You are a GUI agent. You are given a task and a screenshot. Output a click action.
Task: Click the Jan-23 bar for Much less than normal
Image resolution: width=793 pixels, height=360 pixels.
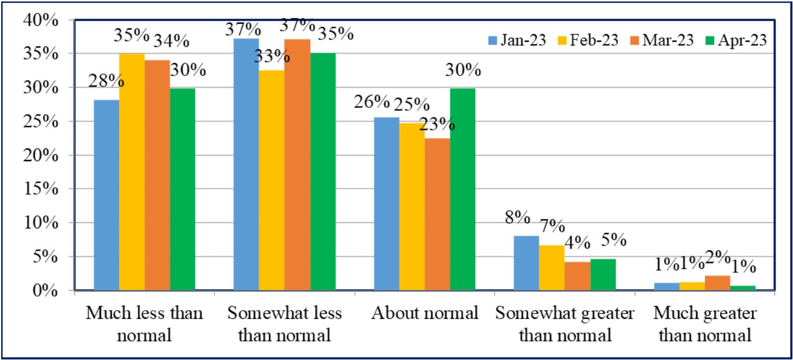(106, 195)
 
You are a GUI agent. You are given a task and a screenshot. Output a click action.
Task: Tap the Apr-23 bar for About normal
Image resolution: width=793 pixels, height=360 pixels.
(462, 189)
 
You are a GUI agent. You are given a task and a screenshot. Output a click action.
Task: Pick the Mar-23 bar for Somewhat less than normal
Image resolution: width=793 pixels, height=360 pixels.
(297, 165)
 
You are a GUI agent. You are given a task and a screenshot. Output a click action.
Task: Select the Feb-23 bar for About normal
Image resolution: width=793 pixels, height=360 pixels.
(412, 206)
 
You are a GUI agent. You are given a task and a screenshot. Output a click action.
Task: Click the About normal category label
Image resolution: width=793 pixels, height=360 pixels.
(425, 314)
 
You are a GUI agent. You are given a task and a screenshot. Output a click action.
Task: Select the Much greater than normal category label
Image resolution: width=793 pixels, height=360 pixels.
(705, 324)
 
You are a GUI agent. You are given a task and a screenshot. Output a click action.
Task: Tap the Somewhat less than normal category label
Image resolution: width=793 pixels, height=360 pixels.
(285, 324)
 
